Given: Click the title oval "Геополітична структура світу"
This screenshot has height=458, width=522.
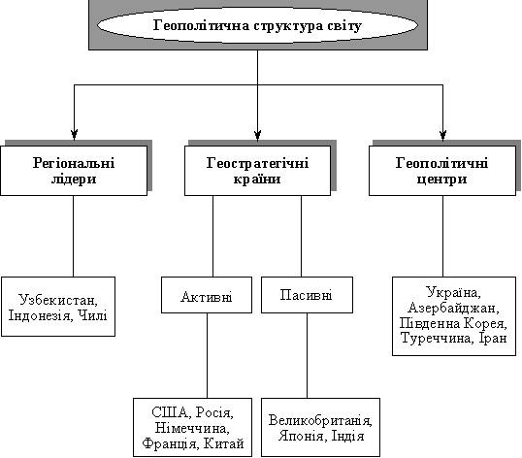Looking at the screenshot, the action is [x=257, y=25].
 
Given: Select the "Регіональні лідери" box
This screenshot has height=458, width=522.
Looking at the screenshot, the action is [x=74, y=171].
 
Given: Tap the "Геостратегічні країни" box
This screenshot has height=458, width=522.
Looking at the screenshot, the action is [x=257, y=171].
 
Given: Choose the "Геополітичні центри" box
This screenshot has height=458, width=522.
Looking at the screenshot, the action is [x=442, y=171].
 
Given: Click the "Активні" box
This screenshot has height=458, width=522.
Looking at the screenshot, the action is [x=207, y=295].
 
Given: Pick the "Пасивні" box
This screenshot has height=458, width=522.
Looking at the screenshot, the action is [x=307, y=295].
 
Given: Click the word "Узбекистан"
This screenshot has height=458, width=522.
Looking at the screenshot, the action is [x=58, y=300].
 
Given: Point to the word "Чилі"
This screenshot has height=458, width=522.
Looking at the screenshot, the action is [x=92, y=315].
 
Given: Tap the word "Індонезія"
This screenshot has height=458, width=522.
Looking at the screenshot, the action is [x=41, y=315].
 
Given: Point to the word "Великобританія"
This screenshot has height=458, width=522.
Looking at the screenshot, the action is [x=320, y=420].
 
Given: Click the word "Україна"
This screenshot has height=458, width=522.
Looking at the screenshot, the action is [x=453, y=292].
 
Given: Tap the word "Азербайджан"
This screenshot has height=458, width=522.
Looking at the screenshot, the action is [x=453, y=308].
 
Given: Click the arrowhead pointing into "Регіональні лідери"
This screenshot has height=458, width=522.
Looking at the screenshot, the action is [x=75, y=135].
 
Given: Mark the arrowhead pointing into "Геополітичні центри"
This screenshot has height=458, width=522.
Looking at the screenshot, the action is [x=442, y=135].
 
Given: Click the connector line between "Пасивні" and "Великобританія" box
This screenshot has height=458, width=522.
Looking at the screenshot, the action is [x=307, y=355].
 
